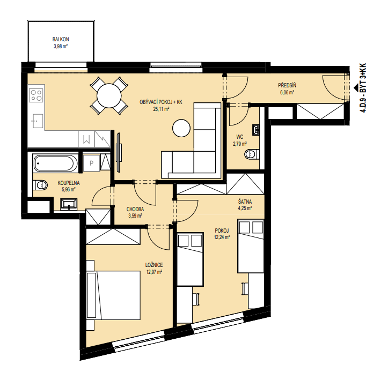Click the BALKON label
click(x=61, y=39)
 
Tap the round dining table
click(x=109, y=95)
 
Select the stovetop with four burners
click(x=36, y=95)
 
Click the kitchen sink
click(x=36, y=121)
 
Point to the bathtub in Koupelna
click(x=55, y=163)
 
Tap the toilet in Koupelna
click(x=40, y=185)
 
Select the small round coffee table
click(x=181, y=128)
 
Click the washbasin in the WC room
click(x=256, y=130)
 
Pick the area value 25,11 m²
click(x=161, y=109)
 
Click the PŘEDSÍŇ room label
click(x=287, y=86)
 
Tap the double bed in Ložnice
click(x=114, y=295)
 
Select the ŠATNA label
click(x=245, y=202)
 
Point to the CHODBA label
click(x=135, y=210)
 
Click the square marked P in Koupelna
click(x=92, y=163)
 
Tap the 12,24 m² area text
click(x=222, y=237)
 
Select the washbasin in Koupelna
click(x=69, y=204)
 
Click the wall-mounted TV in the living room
click(x=119, y=153)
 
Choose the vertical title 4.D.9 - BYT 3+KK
click(x=363, y=88)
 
